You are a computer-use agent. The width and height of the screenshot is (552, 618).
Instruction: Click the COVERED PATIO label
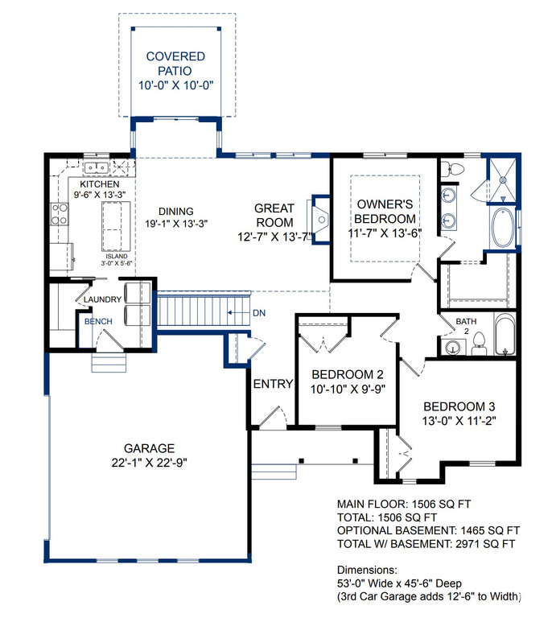pyautogui.click(x=175, y=64)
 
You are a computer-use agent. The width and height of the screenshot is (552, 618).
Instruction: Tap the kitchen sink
pyautogui.click(x=96, y=168)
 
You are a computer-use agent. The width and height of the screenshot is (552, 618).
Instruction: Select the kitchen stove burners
pyautogui.click(x=59, y=214)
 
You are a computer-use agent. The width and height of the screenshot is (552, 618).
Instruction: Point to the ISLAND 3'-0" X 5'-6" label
pyautogui.click(x=116, y=260)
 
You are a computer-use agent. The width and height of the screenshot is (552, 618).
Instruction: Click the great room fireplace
pyautogui.click(x=320, y=220)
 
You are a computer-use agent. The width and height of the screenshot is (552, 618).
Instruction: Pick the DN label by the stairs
pyautogui.click(x=259, y=313)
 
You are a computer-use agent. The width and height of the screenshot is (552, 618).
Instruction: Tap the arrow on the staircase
pyautogui.click(x=236, y=313)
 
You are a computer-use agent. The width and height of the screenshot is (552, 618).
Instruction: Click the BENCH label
pyautogui.click(x=98, y=322)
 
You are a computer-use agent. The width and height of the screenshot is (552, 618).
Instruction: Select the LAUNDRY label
pyautogui.click(x=102, y=299)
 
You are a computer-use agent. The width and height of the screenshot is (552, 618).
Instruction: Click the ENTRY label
pyautogui.click(x=273, y=384)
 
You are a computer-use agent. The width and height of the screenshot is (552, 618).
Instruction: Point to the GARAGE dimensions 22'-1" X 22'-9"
pyautogui.click(x=149, y=463)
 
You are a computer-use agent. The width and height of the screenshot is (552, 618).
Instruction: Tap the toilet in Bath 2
pyautogui.click(x=479, y=344)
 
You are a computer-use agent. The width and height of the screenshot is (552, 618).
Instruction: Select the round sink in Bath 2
pyautogui.click(x=453, y=348)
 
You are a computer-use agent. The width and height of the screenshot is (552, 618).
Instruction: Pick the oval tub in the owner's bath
pyautogui.click(x=502, y=228)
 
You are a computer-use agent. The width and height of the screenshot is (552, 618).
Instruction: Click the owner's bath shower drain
pyautogui.click(x=503, y=180)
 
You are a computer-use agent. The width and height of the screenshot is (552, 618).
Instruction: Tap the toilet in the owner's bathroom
pyautogui.click(x=453, y=170)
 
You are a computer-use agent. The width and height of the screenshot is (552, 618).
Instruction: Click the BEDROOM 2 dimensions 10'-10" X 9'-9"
pyautogui.click(x=348, y=389)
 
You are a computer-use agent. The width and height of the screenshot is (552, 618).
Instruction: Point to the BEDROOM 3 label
pyautogui.click(x=459, y=406)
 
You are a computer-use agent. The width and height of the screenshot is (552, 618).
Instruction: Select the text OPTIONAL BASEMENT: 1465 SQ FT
pyautogui.click(x=428, y=530)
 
